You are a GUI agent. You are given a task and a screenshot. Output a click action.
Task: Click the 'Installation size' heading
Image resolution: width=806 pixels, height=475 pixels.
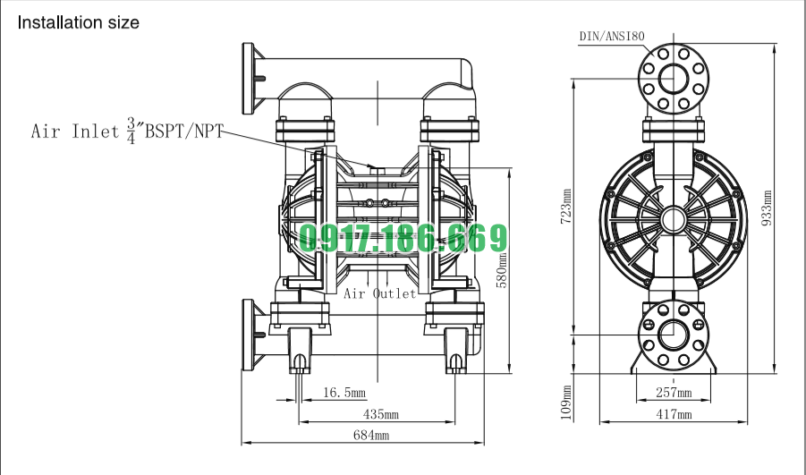point(78,22)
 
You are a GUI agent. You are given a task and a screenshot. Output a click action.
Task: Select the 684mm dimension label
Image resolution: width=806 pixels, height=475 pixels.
point(371,436)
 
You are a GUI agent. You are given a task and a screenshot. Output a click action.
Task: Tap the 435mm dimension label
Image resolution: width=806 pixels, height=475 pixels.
point(381,414)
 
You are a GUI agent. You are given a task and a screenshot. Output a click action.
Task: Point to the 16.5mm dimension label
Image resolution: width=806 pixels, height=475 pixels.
point(344,393)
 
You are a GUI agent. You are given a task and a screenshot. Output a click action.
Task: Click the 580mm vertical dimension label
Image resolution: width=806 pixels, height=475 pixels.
point(502,270)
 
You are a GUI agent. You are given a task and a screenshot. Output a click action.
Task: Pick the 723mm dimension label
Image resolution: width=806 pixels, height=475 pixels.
point(565,206)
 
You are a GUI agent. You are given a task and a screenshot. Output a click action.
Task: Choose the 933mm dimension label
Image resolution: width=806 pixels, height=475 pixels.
point(767,208)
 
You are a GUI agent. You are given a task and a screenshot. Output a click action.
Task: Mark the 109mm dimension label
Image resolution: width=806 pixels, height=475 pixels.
point(566,403)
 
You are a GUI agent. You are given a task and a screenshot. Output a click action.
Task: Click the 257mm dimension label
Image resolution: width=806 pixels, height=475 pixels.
point(674,393)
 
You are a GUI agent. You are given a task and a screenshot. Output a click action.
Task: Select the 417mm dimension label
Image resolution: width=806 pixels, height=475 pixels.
point(674,414)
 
